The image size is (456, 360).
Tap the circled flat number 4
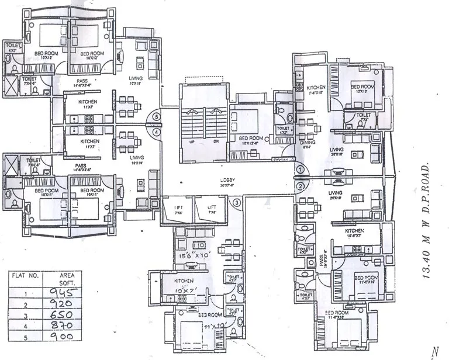point(156,132)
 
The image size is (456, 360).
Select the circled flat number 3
point(237,203)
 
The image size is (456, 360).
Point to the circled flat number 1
point(299,170)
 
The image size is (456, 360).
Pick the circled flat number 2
point(299,186)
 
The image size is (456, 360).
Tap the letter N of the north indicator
point(434,351)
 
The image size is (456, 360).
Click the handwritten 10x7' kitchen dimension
point(188,290)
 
